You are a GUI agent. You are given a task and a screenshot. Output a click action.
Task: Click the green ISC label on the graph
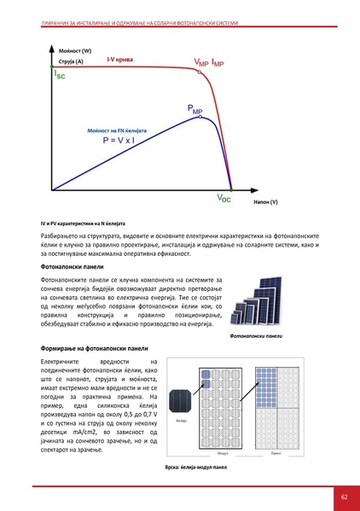pos(58,76)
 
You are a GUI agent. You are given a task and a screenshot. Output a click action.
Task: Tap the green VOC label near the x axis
pos(224,198)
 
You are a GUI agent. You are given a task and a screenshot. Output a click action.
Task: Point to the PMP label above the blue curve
pos(195,108)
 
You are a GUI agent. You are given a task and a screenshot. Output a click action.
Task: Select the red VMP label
pos(200,63)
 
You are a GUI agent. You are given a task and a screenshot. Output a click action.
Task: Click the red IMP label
pos(218,63)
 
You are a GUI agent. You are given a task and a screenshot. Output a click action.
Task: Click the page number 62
pos(344,496)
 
